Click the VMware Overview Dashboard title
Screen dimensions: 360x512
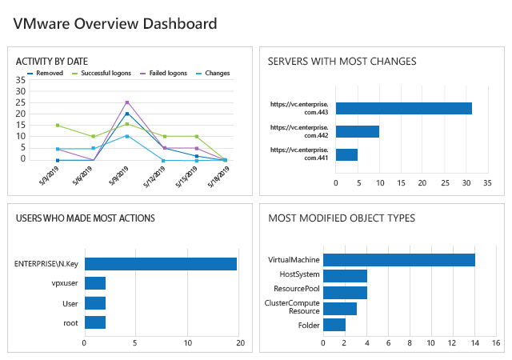(x=115, y=23)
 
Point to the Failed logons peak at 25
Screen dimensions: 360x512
(x=126, y=102)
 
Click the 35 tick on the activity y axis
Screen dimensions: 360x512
(x=21, y=80)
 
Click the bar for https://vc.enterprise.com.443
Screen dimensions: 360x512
(x=403, y=109)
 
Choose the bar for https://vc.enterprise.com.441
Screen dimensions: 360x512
(x=346, y=154)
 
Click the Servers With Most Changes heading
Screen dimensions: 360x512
(x=342, y=61)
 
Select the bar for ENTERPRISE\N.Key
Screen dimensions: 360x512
(x=160, y=264)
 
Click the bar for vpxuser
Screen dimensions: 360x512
(x=95, y=283)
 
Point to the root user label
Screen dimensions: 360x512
(x=70, y=322)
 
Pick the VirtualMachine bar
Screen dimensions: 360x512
(x=398, y=260)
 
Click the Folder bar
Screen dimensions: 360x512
(x=334, y=325)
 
